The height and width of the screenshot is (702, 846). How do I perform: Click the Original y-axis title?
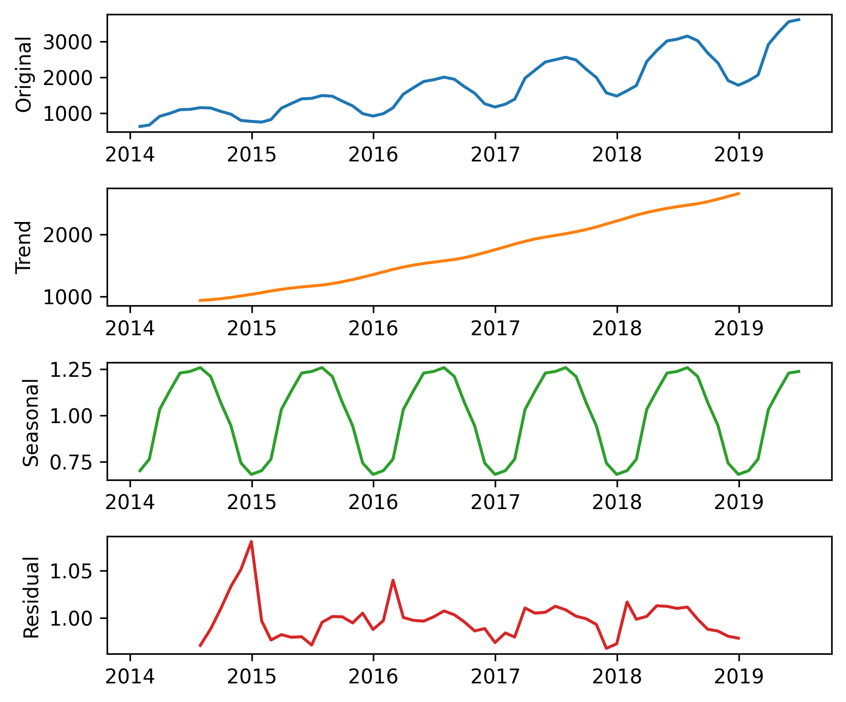pyautogui.click(x=23, y=74)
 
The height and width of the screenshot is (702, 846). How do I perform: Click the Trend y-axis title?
pyautogui.click(x=23, y=247)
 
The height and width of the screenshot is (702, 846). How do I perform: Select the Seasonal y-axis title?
pyautogui.click(x=31, y=422)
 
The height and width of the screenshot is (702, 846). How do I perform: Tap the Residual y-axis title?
pyautogui.click(x=31, y=597)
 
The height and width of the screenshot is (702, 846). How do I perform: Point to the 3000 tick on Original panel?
pyautogui.click(x=67, y=42)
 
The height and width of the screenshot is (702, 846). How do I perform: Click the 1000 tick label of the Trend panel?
pyautogui.click(x=67, y=297)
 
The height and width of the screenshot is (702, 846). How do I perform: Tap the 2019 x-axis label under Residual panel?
pyautogui.click(x=738, y=676)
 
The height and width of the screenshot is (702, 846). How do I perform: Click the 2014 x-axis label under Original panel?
pyautogui.click(x=130, y=155)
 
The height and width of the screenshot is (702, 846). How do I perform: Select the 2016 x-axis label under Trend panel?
pyautogui.click(x=373, y=329)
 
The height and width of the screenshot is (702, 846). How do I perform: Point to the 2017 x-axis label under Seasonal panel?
pyautogui.click(x=495, y=502)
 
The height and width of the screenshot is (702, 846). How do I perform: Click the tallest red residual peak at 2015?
pyautogui.click(x=251, y=542)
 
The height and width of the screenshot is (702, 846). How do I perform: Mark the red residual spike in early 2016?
pyautogui.click(x=393, y=580)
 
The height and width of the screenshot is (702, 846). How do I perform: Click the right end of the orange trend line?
pyautogui.click(x=739, y=193)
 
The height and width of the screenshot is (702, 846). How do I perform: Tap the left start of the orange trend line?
pyautogui.click(x=200, y=300)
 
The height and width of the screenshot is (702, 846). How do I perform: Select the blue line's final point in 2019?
pyautogui.click(x=799, y=20)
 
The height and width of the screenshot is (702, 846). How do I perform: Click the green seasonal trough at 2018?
pyautogui.click(x=617, y=474)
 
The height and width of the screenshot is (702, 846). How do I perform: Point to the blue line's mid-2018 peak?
pyautogui.click(x=687, y=36)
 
